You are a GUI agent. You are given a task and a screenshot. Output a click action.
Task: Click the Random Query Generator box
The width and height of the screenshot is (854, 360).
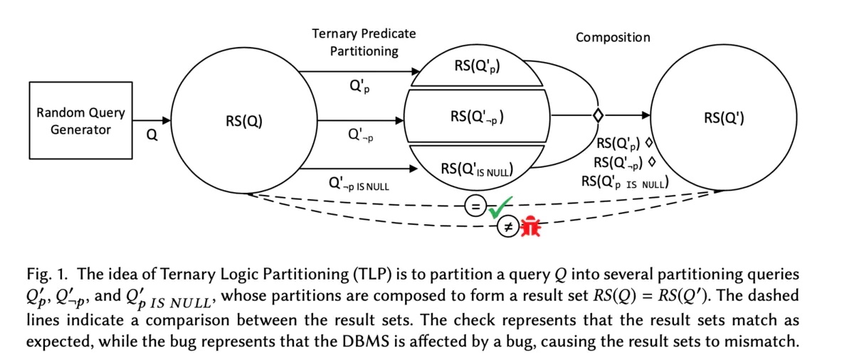point(80,121)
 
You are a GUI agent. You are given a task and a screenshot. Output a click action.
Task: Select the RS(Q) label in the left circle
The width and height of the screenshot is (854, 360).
point(243,121)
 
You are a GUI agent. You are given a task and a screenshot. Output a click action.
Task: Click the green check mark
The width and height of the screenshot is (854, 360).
point(502,207)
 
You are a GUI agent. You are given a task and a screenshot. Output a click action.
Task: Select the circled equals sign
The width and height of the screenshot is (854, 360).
point(475,206)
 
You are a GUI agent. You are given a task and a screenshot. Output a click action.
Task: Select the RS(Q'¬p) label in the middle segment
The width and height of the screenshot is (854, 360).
point(477,115)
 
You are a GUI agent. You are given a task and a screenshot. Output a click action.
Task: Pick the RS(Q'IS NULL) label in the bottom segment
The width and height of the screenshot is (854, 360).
point(477,169)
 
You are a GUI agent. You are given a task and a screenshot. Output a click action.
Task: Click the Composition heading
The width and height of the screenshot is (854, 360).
point(613,37)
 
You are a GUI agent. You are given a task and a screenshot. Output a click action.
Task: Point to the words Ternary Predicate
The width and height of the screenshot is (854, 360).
point(364,33)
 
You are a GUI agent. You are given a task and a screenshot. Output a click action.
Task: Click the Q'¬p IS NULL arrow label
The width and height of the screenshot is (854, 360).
point(359,184)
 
